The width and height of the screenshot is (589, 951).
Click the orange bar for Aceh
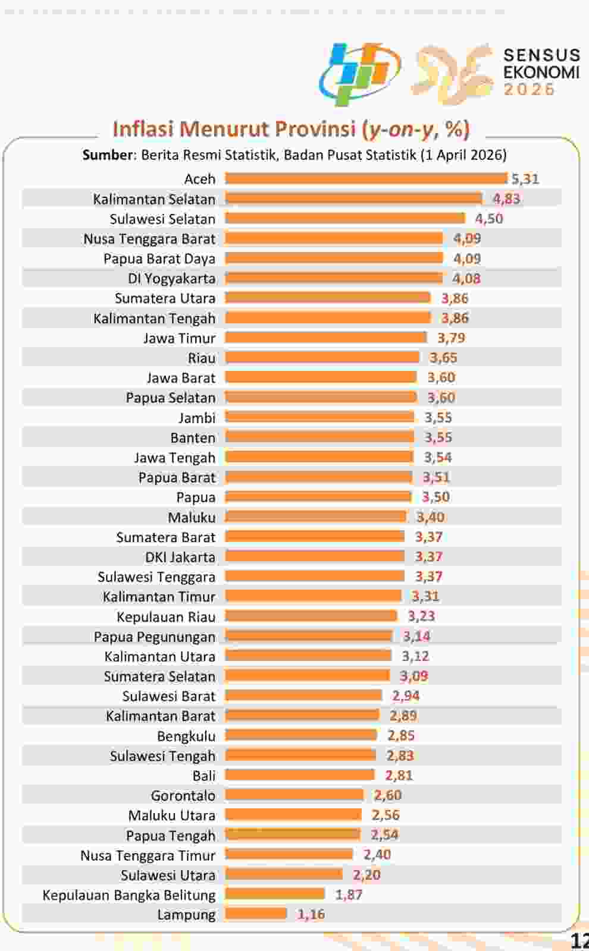pyautogui.click(x=366, y=178)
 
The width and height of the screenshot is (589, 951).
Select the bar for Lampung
pyautogui.click(x=256, y=914)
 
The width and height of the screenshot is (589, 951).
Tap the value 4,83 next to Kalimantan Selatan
pyautogui.click(x=506, y=199)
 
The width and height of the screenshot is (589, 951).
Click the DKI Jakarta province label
pyautogui.click(x=180, y=557)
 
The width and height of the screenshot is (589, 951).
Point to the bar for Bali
pyautogui.click(x=300, y=775)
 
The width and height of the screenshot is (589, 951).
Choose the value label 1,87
pyautogui.click(x=349, y=895)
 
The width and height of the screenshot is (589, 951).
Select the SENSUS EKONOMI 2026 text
pyautogui.click(x=541, y=72)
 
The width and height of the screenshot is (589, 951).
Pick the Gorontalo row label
pyautogui.click(x=183, y=795)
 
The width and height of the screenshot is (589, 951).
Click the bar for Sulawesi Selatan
pyautogui.click(x=344, y=218)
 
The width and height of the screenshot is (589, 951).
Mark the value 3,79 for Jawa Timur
pyautogui.click(x=452, y=338)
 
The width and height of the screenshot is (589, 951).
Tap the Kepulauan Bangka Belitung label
pyautogui.click(x=129, y=895)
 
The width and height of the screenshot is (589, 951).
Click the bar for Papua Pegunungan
pyautogui.click(x=309, y=636)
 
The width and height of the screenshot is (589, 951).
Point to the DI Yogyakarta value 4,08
pyautogui.click(x=466, y=278)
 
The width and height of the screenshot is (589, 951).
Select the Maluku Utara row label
pyautogui.click(x=172, y=815)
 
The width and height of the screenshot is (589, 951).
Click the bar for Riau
pyautogui.click(x=322, y=357)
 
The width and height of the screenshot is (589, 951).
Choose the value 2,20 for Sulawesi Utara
pyautogui.click(x=366, y=874)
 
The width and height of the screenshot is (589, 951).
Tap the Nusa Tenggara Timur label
pyautogui.click(x=148, y=855)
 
